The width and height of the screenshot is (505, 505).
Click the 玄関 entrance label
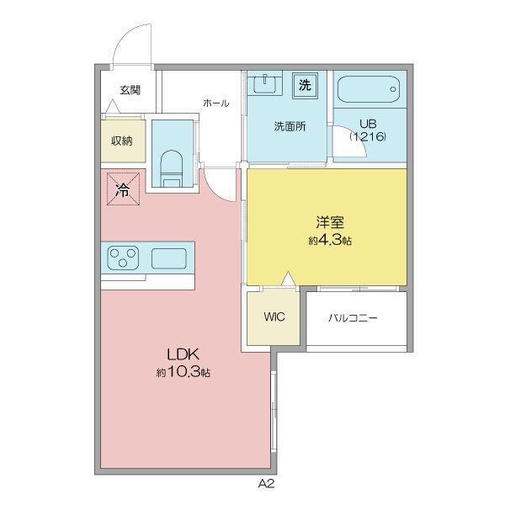click(130, 90)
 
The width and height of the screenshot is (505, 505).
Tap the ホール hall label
click(216, 103)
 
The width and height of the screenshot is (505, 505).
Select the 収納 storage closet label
click(122, 141)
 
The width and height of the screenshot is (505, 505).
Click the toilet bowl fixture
click(172, 169)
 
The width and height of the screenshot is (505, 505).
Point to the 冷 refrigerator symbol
click(123, 189)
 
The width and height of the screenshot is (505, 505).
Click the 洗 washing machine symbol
click(305, 85)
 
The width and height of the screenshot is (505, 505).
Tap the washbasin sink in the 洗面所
click(265, 84)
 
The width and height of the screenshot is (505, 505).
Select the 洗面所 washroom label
click(290, 126)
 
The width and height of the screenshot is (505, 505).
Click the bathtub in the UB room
click(369, 89)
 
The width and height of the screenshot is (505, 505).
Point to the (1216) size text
click(368, 136)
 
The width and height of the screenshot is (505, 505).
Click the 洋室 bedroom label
click(330, 222)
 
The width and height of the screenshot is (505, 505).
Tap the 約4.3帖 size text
click(330, 240)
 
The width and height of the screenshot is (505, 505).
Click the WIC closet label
click(274, 316)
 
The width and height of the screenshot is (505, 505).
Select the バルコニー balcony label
click(353, 318)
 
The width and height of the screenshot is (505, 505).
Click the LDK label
click(183, 354)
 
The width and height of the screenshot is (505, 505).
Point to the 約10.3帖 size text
click(183, 373)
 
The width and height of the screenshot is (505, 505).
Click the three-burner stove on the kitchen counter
click(123, 258)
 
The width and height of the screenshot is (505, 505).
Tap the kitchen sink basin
click(169, 258)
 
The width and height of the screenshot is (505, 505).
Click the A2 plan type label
click(266, 484)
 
